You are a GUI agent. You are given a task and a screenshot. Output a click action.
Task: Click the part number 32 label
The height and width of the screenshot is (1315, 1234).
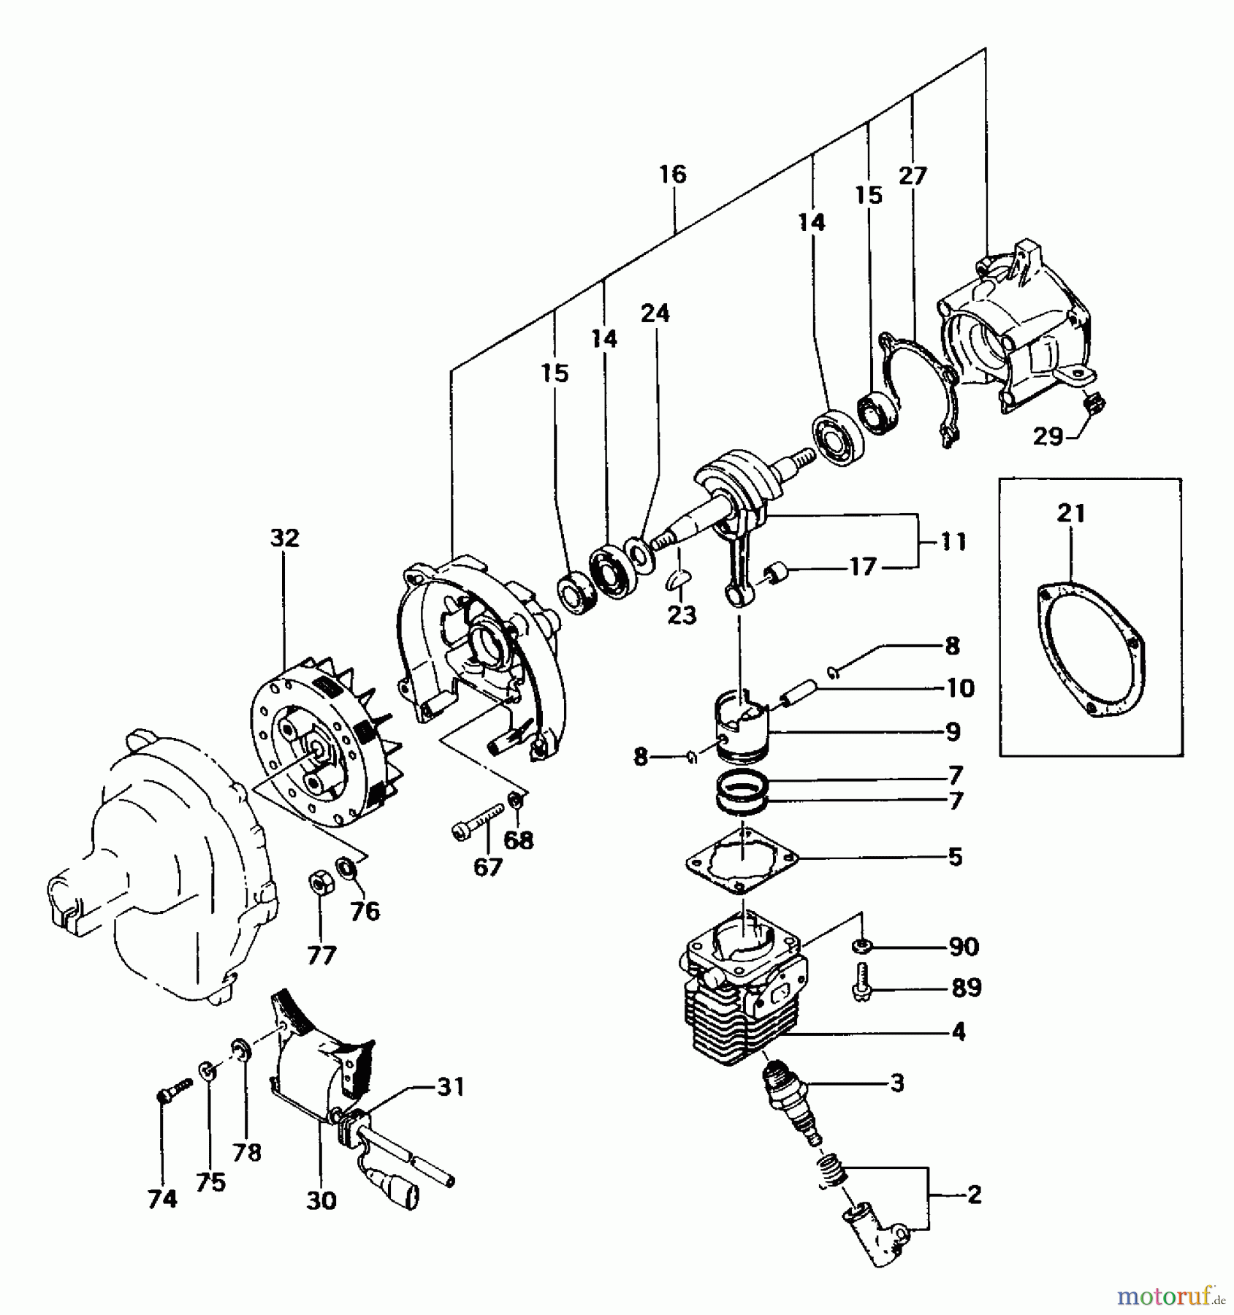pos(285,538)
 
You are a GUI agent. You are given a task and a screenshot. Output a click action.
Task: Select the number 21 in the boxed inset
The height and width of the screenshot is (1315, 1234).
pos(1071,514)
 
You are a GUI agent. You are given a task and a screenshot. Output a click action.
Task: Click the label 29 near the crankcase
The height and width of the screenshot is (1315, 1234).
pos(1048,437)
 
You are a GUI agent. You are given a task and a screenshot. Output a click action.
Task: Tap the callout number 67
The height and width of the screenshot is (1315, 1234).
pos(487,867)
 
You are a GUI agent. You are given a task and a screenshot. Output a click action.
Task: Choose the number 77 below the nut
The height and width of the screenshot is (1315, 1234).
pos(321,955)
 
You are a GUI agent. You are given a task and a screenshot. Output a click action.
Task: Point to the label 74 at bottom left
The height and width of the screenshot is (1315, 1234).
pos(162,1200)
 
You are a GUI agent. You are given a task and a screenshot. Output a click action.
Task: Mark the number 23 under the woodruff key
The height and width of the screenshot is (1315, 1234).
pos(682,615)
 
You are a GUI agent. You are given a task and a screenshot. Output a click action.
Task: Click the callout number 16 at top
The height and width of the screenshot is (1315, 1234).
pos(672,175)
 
